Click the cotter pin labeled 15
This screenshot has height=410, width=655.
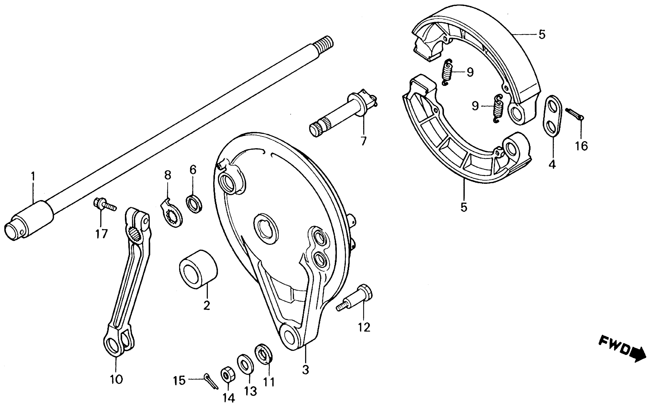211,381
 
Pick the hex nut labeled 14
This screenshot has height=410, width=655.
228,375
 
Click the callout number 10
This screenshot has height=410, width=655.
116,379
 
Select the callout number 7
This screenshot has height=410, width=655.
363,141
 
